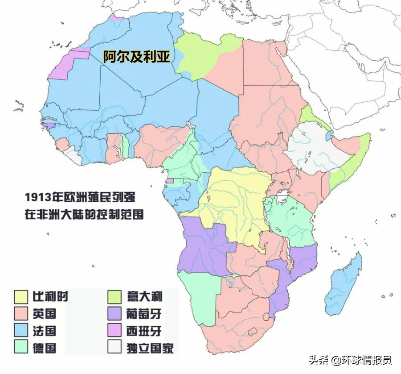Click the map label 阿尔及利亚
click(137, 57)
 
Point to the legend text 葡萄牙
click(143, 313)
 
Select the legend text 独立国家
click(150, 348)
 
